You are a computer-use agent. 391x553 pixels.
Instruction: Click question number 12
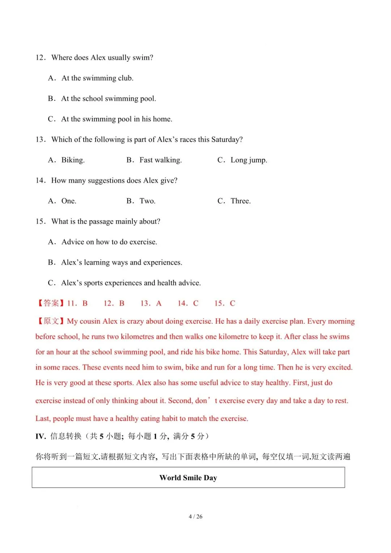coord(40,58)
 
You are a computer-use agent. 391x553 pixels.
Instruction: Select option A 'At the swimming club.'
coord(97,78)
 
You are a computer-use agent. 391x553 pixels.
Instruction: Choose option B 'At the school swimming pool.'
coord(109,99)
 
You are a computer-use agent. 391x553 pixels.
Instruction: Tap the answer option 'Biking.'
coord(73,160)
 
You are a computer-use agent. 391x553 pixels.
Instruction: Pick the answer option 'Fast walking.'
coord(160,160)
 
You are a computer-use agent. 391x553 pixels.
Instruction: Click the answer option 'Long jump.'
coord(249,160)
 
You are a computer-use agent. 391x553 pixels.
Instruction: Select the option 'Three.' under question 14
coord(240,201)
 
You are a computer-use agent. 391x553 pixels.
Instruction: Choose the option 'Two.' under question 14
coord(147,201)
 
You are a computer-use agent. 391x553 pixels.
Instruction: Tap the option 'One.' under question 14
coord(69,201)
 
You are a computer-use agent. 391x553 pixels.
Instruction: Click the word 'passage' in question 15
coord(104,222)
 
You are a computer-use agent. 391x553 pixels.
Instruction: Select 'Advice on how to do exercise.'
coord(109,242)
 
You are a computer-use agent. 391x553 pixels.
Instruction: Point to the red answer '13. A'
coord(151,303)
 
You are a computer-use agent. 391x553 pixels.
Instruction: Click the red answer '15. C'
coord(225,303)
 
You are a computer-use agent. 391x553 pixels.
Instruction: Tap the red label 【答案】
coord(50,303)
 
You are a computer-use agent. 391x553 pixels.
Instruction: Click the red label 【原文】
coord(50,321)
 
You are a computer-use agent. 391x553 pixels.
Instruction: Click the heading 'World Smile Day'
coord(188,478)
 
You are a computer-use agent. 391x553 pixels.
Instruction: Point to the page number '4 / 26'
coord(195,516)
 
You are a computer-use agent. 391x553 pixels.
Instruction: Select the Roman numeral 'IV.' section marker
coord(41,437)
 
